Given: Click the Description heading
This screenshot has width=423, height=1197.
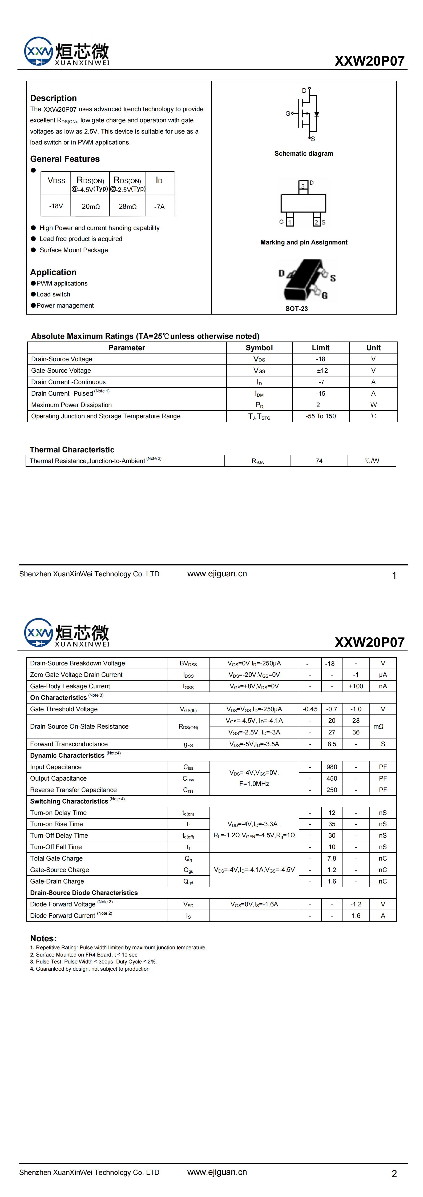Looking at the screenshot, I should (x=54, y=98).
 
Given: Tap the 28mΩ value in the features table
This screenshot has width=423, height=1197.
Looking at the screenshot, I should (x=127, y=206).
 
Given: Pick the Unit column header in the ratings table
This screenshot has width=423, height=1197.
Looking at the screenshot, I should (x=373, y=348).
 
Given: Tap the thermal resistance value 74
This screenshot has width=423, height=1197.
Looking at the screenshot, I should (x=319, y=461).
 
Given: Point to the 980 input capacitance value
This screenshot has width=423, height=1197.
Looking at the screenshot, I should (x=332, y=767).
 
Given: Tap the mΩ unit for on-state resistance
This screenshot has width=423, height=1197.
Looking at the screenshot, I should (x=378, y=726).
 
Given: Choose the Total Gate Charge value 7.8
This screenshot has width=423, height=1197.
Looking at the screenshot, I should (x=332, y=858).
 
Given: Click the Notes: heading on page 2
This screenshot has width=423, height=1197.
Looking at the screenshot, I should (x=43, y=938).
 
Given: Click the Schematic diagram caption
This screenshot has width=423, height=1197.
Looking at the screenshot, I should (x=304, y=153).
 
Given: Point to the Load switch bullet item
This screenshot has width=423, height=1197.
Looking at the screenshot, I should (x=54, y=294).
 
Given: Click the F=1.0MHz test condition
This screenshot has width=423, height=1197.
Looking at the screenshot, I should (x=254, y=784).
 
